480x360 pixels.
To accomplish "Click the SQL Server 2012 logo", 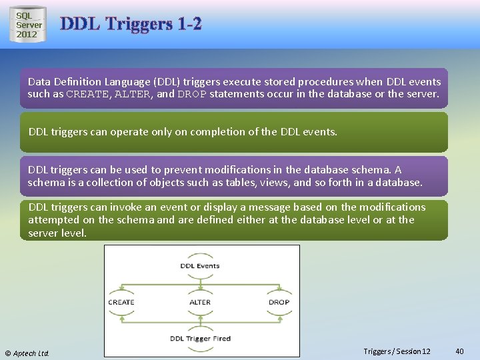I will click(x=29, y=25).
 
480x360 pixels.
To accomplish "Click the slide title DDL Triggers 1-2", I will click(x=131, y=25).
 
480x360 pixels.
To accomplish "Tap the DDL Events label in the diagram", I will click(x=199, y=266).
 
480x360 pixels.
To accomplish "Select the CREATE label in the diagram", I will click(x=121, y=302).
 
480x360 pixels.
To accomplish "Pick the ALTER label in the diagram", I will click(x=200, y=302).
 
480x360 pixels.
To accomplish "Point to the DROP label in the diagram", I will click(x=279, y=302).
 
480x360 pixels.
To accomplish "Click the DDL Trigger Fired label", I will click(x=200, y=339).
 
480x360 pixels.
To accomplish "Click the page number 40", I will click(x=459, y=351).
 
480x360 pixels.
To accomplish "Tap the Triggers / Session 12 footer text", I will click(x=397, y=351).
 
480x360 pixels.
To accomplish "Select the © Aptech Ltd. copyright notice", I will click(x=27, y=353).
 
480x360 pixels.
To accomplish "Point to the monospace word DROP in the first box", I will click(x=192, y=94).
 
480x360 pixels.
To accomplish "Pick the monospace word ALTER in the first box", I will click(x=133, y=94).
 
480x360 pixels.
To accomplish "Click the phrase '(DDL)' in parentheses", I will click(x=167, y=81).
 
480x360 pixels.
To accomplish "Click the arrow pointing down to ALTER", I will click(x=200, y=288).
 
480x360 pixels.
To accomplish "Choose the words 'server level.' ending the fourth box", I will click(x=57, y=233).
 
